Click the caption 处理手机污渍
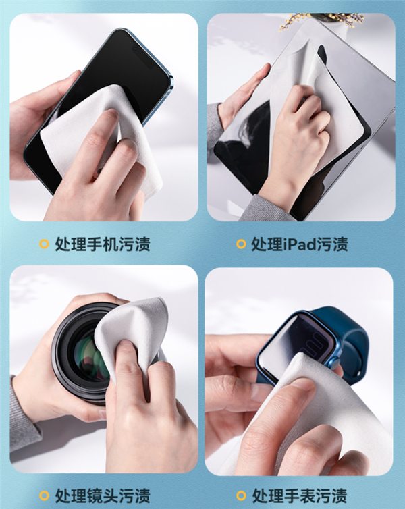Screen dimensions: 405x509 (103, 244)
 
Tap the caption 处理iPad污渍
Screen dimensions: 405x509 (300, 244)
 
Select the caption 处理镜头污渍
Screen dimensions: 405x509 (103, 495)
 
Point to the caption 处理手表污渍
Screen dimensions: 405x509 (300, 495)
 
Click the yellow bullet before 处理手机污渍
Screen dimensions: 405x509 (44, 244)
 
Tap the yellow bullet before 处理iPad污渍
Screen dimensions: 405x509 (241, 244)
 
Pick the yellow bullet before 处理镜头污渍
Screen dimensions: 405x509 (44, 495)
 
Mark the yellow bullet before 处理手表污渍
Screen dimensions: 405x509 (241, 495)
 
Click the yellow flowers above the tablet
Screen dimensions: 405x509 (321, 20)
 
